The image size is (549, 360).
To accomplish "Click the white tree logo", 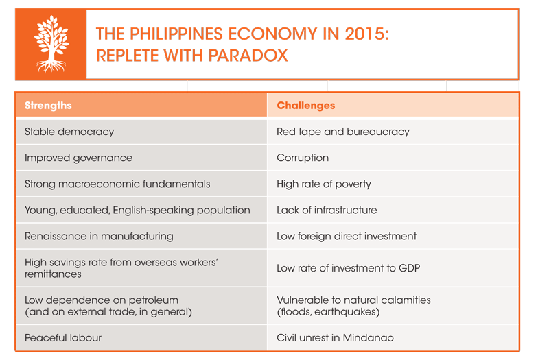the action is (51, 44).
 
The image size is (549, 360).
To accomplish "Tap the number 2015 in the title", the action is (366, 34).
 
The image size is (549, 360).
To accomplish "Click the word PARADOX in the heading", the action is (248, 56).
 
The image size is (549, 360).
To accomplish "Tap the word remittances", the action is (53, 274).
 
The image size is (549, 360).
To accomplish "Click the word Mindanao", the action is (368, 337).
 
